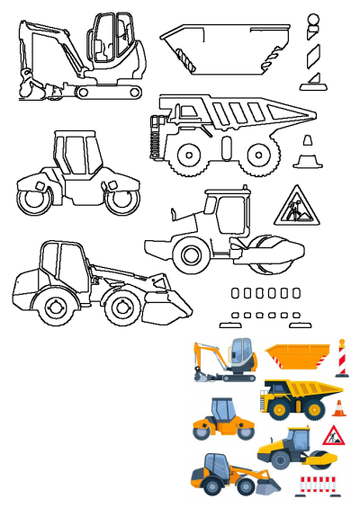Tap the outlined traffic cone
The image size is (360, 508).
[x=309, y=154]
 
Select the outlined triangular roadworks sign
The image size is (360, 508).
[x=293, y=206]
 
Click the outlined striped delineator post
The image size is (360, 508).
[x=312, y=54]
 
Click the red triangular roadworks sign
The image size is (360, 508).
[x=334, y=437]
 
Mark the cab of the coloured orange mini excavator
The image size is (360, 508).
[x=241, y=353]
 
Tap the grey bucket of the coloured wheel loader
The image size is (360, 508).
[x=267, y=486]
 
